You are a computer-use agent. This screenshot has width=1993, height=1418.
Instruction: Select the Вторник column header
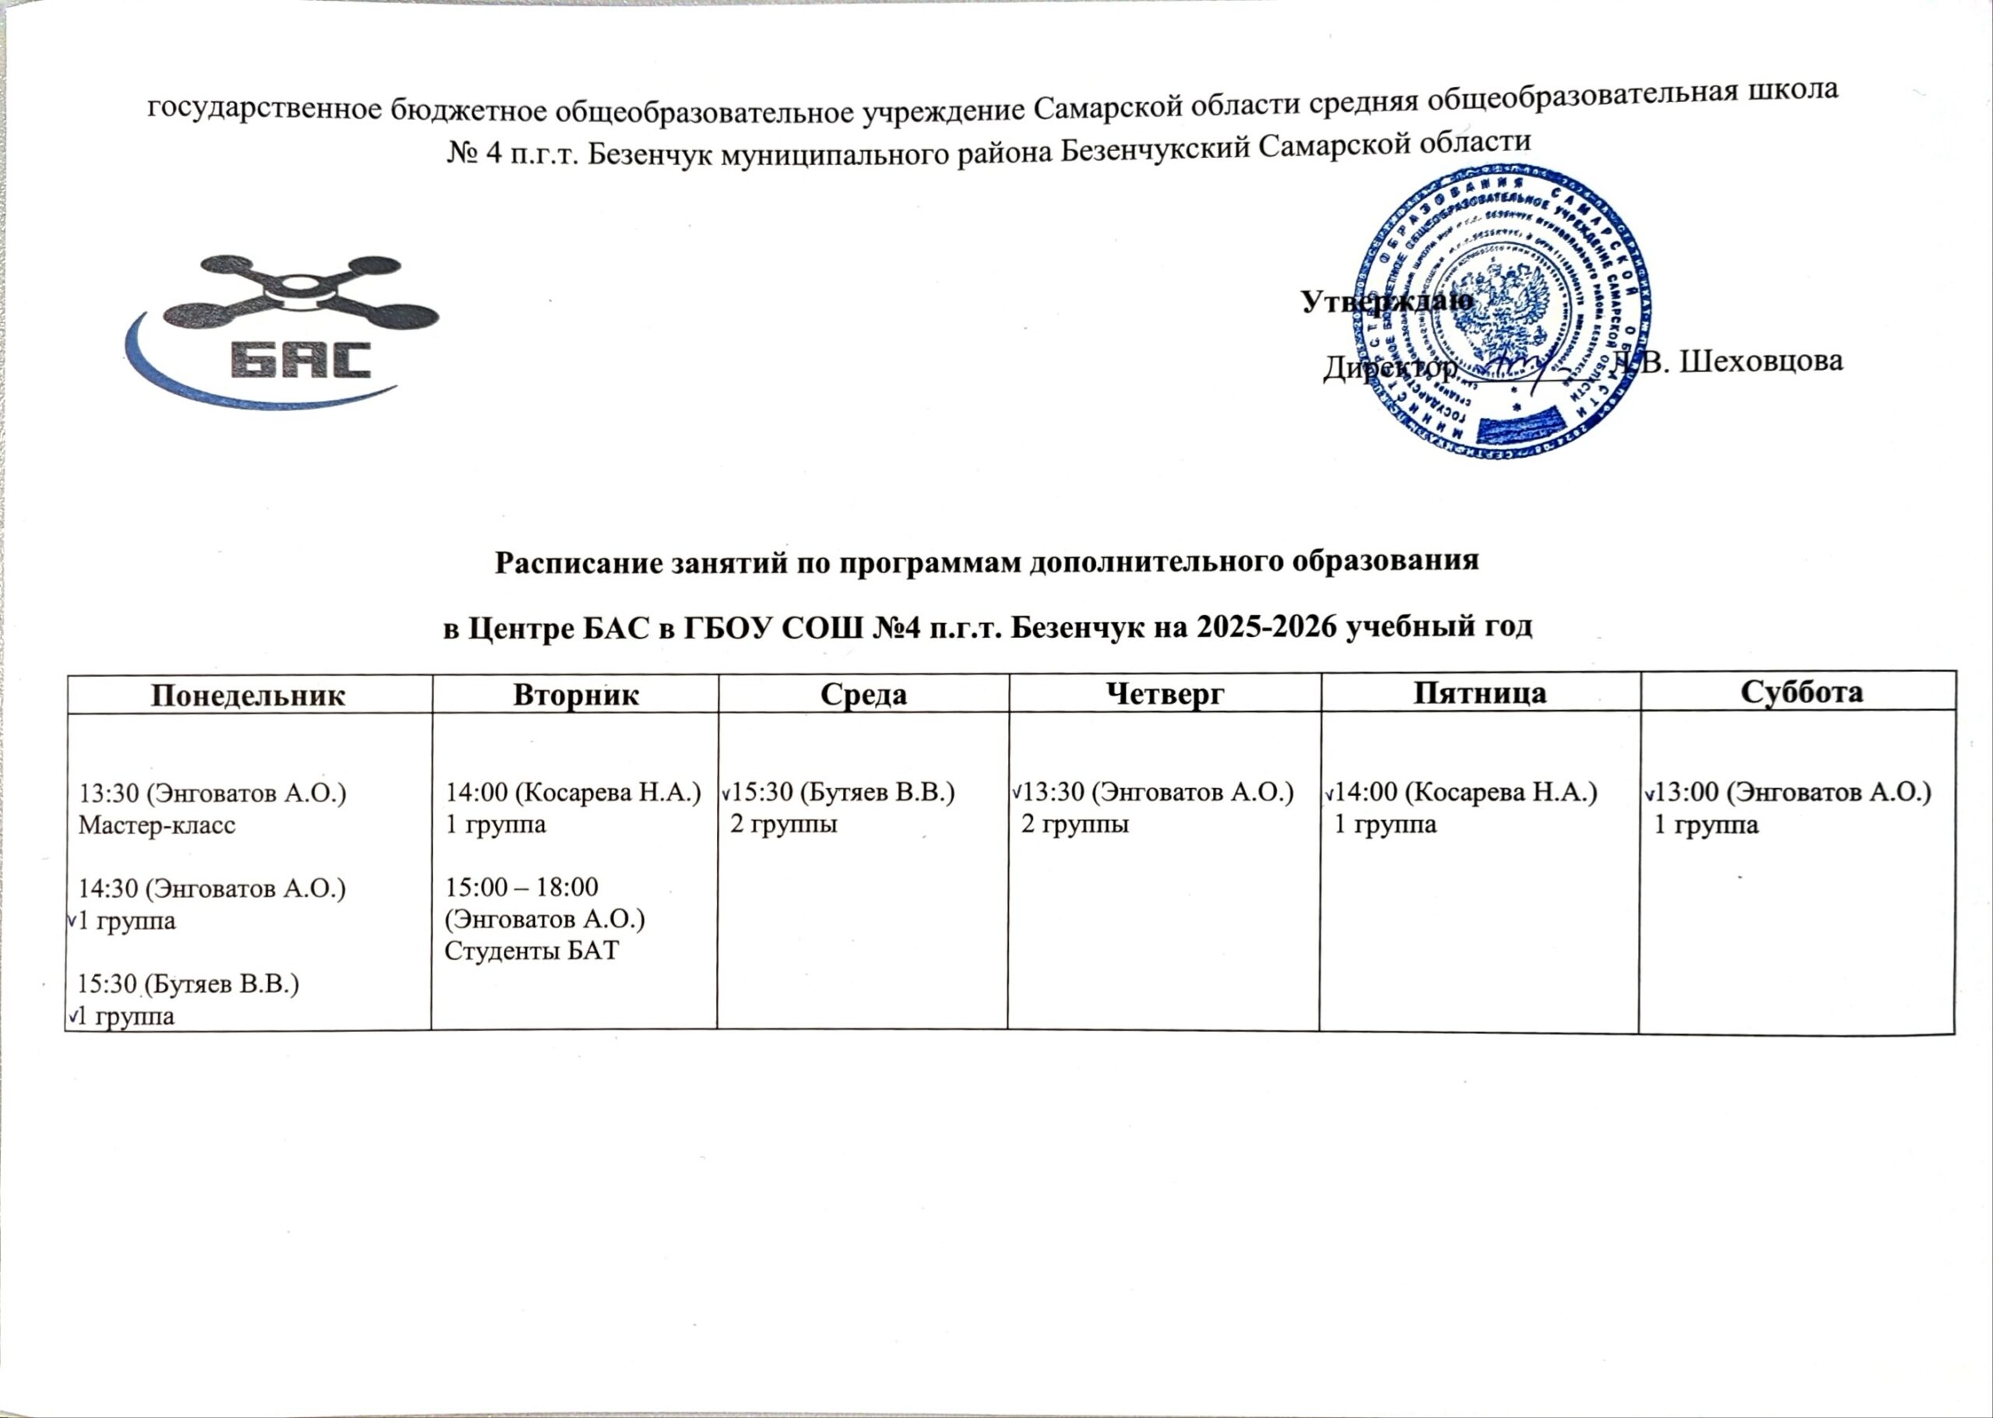(575, 694)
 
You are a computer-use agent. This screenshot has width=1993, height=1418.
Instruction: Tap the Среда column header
(863, 693)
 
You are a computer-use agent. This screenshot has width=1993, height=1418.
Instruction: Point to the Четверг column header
(1165, 693)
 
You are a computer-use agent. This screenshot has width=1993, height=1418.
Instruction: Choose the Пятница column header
(1480, 692)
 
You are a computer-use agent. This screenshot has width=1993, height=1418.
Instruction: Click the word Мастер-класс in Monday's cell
(157, 826)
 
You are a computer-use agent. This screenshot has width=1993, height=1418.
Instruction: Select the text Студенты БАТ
(532, 950)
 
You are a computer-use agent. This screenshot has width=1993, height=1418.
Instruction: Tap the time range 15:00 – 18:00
(522, 887)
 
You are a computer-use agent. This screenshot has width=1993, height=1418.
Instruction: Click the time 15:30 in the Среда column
(763, 793)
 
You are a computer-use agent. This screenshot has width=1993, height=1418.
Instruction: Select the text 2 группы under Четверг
(1074, 825)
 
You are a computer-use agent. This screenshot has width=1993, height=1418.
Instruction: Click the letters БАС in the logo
(301, 358)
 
